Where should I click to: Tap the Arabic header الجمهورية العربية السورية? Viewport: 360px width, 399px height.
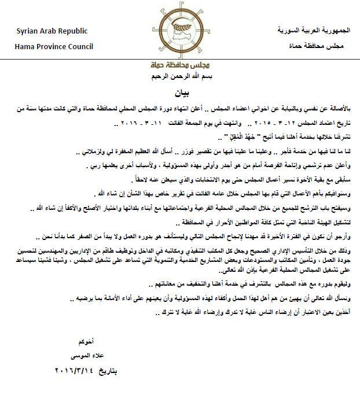tap(310, 29)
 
